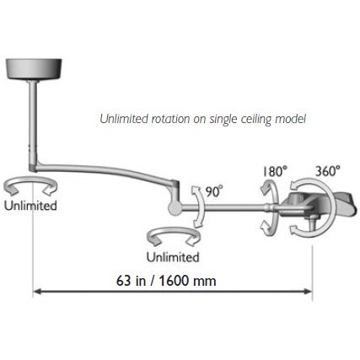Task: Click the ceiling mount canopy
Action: click(34, 68)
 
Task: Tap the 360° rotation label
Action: click(327, 171)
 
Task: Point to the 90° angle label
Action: click(214, 191)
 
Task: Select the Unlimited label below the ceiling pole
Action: click(30, 206)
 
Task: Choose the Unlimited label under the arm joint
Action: click(173, 257)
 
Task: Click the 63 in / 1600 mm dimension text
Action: click(166, 281)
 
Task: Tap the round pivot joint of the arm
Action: click(175, 207)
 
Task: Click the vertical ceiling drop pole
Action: click(33, 125)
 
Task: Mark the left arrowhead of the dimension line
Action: click(37, 292)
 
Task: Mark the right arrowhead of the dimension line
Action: click(309, 292)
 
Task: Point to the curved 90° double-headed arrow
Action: click(202, 207)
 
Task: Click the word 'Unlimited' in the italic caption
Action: click(124, 119)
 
